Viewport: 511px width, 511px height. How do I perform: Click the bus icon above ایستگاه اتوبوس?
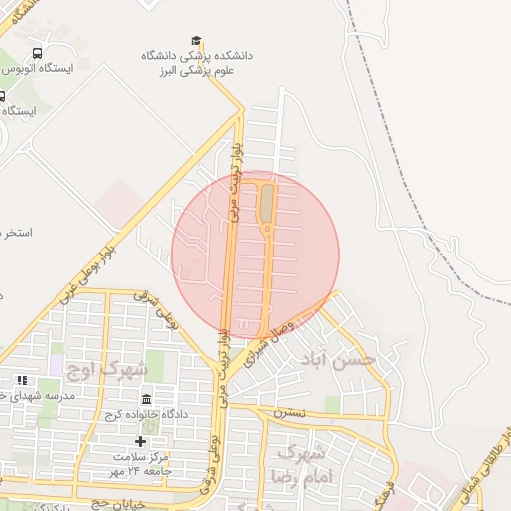click(x=38, y=53)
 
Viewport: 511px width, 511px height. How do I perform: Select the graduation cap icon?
click(x=197, y=41)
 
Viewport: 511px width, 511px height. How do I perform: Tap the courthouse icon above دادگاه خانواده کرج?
click(x=147, y=400)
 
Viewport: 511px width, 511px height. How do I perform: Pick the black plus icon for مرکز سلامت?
click(x=140, y=441)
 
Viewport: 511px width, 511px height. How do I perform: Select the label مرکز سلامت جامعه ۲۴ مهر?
click(x=140, y=463)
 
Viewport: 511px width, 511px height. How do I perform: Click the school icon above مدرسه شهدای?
click(x=22, y=381)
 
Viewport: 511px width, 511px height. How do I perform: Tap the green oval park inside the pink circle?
click(x=266, y=205)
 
